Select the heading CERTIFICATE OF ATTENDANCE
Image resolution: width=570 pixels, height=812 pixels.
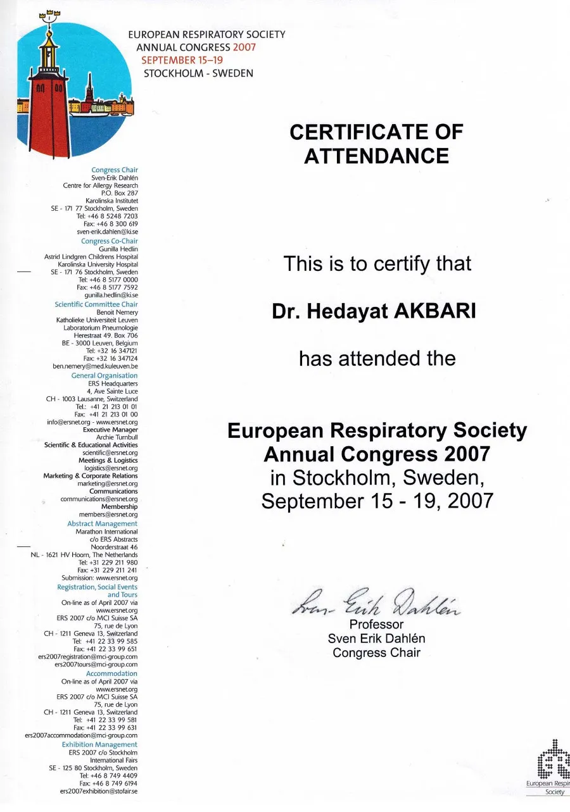click(x=376, y=144)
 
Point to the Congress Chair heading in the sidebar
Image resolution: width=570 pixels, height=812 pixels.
click(x=114, y=170)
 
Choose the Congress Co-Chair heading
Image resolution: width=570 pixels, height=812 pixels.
click(x=109, y=241)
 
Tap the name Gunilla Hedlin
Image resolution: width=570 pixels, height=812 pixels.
click(x=118, y=249)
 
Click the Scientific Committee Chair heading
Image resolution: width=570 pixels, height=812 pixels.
click(x=96, y=304)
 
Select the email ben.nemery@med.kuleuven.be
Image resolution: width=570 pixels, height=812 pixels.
click(x=95, y=366)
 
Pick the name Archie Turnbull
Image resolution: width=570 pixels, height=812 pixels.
click(x=117, y=437)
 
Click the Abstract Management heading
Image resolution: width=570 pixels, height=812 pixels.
click(x=102, y=523)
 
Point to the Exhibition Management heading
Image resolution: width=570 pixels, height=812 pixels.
click(x=99, y=744)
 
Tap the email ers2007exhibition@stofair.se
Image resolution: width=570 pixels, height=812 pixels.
click(x=98, y=791)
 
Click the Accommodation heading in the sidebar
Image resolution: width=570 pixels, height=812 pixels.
click(x=111, y=673)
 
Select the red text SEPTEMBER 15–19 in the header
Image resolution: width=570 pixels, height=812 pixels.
click(x=178, y=60)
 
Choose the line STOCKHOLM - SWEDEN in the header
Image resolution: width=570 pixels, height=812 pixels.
click(x=198, y=73)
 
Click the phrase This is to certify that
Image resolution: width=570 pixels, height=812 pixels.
click(x=377, y=263)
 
